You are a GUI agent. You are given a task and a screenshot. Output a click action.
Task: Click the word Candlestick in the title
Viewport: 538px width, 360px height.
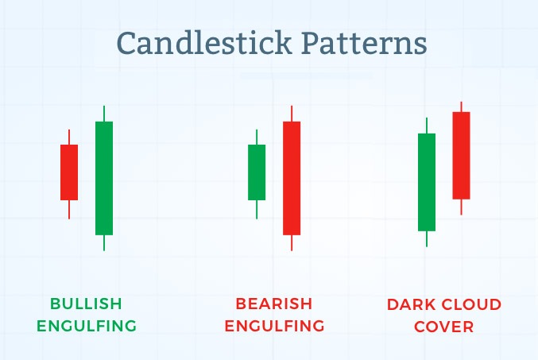pos(204,43)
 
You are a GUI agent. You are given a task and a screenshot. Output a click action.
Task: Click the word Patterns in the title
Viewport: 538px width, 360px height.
pos(365,43)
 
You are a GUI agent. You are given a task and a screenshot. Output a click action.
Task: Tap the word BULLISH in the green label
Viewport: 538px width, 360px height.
pos(86,304)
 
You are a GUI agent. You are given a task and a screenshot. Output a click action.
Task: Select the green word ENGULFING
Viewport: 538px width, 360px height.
pos(87,326)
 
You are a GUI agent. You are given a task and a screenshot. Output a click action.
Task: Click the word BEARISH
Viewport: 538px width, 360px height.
pos(274,304)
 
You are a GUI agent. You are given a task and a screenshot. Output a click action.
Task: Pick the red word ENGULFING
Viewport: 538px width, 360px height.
pos(274,326)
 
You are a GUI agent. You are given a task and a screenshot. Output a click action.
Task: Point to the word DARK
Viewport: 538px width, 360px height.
pos(410,304)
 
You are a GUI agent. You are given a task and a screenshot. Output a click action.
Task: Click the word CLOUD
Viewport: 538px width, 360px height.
pos(471,304)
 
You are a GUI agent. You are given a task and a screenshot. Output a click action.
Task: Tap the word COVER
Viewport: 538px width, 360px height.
pos(444,327)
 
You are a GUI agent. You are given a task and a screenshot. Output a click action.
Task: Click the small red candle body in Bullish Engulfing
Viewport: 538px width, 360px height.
pos(69,172)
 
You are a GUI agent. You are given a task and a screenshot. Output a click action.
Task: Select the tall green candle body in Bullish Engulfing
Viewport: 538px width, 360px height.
pos(104,178)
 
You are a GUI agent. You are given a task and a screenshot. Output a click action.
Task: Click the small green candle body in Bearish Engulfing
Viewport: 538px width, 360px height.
pos(257,172)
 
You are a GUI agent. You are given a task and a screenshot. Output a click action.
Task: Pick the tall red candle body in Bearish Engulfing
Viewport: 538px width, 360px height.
pos(292,178)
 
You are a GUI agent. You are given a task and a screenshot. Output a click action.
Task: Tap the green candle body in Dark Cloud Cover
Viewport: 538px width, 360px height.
pos(427,182)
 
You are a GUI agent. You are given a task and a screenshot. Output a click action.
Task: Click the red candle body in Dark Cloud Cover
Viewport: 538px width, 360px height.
pos(461,156)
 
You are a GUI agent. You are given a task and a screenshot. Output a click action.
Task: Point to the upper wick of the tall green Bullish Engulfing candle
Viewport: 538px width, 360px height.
pos(104,114)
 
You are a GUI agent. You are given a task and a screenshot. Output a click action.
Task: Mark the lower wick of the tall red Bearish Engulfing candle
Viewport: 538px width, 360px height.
pos(292,243)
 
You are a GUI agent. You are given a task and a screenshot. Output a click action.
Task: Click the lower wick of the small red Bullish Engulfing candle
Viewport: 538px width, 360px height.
pos(69,209)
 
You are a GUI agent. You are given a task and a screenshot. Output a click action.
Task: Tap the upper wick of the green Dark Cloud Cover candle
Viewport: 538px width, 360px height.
pos(427,126)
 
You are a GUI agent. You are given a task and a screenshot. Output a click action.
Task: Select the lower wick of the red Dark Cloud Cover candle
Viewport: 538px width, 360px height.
pos(461,207)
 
